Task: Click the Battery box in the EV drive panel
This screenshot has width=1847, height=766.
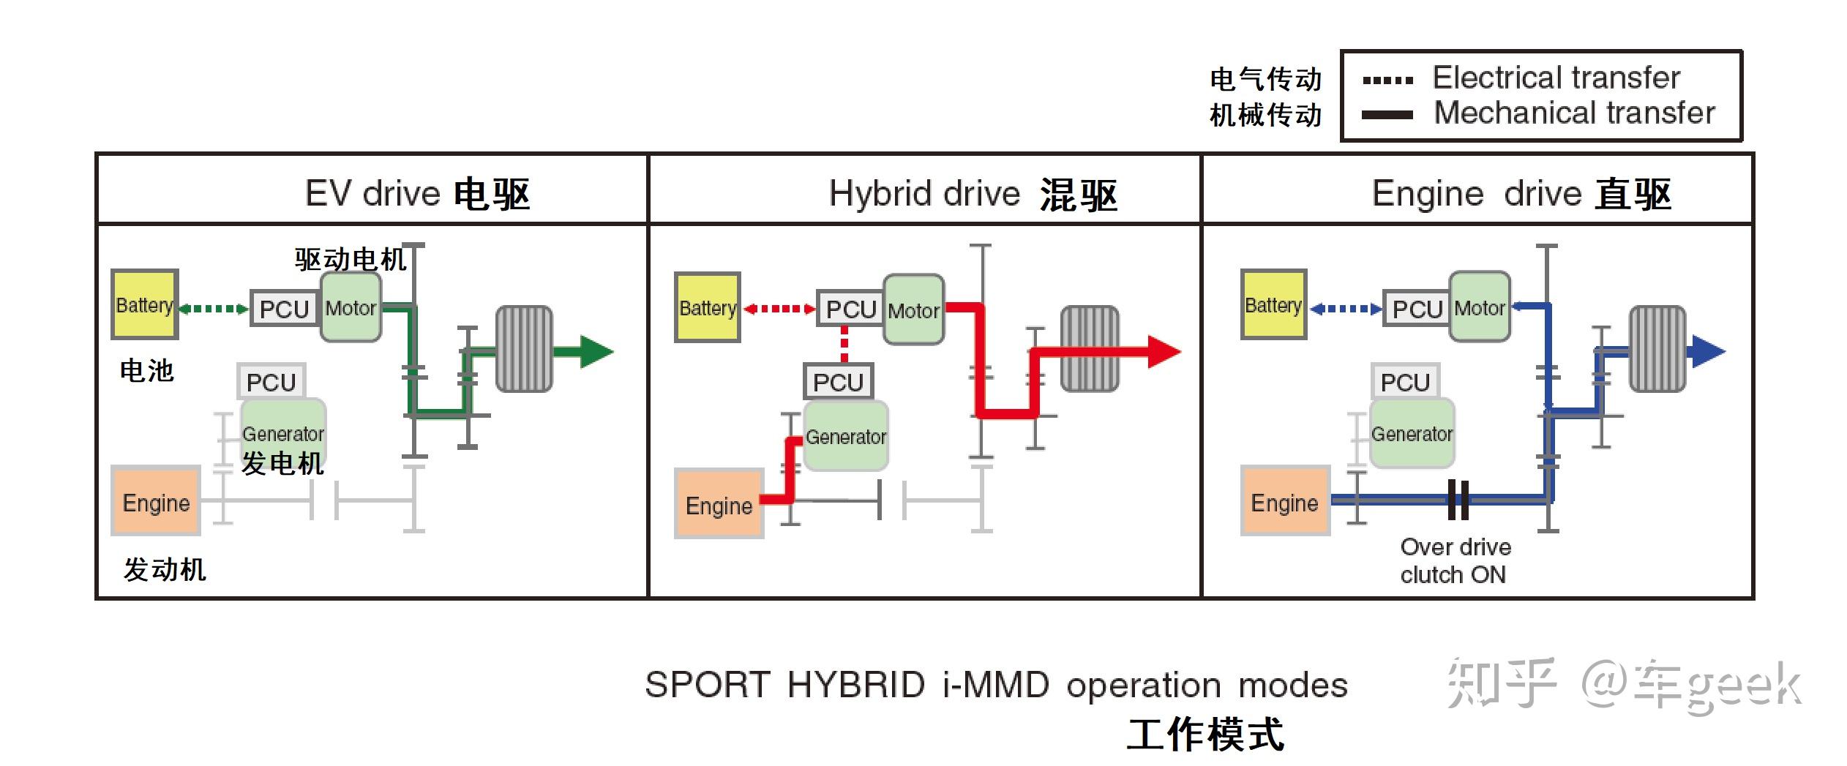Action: click(144, 304)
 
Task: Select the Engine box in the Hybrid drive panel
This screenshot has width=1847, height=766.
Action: click(719, 505)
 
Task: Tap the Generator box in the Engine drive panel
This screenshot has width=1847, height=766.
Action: click(1411, 434)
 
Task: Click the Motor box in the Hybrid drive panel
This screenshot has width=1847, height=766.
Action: click(913, 310)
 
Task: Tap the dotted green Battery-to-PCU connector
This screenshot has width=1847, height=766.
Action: click(214, 309)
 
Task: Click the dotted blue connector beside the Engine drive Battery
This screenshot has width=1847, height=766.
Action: click(1345, 309)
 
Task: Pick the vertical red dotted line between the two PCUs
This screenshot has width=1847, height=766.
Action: click(844, 344)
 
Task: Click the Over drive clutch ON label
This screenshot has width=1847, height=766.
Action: click(1455, 560)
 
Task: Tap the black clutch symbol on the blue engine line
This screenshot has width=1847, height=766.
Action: click(1458, 500)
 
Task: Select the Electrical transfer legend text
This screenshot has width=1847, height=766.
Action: click(1556, 78)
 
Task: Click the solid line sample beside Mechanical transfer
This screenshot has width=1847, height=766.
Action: click(1387, 115)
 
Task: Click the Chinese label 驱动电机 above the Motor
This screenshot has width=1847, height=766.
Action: click(350, 259)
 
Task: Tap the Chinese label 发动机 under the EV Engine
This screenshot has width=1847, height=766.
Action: click(165, 569)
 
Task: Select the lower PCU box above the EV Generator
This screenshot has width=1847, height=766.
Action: click(271, 382)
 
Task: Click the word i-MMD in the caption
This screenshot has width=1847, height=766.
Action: click(996, 686)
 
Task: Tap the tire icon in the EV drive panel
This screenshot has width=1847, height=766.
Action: click(524, 349)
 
